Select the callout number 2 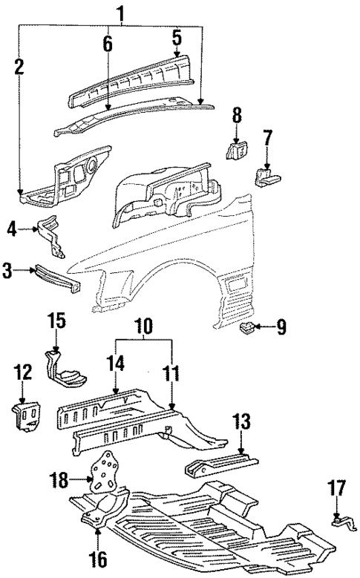(x=19, y=67)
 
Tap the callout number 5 (x=177, y=36)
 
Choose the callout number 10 (x=143, y=326)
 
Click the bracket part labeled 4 (x=50, y=231)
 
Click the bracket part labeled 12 (x=28, y=416)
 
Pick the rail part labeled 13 (x=219, y=467)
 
